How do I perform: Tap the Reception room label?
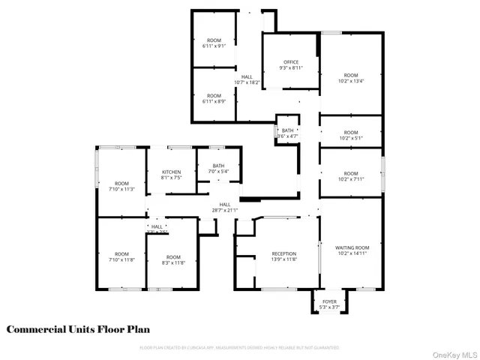[284, 254]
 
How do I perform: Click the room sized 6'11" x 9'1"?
[214, 43]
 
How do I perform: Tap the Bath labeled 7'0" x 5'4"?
[218, 169]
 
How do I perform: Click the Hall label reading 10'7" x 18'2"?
[247, 79]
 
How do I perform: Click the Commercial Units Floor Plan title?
[79, 329]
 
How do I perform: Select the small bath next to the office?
[288, 133]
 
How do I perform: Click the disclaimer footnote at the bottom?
[239, 348]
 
